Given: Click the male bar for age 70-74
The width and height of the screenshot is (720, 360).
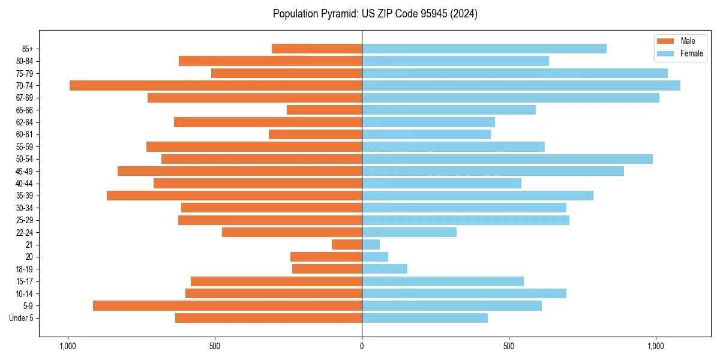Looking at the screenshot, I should (x=216, y=85).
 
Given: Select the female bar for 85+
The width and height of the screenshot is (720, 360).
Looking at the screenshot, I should (x=484, y=49).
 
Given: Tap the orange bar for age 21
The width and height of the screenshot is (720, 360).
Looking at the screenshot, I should (x=347, y=244).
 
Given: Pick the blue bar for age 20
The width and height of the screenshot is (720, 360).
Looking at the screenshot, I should (x=375, y=257).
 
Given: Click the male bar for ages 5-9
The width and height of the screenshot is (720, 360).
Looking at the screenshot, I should (x=227, y=305).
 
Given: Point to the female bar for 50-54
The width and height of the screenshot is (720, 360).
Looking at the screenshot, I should (x=507, y=159).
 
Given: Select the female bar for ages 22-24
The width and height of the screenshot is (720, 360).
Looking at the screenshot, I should (x=409, y=232).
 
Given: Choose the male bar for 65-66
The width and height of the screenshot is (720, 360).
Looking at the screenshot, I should (x=324, y=110).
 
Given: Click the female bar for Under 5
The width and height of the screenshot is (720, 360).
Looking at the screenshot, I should (x=425, y=318).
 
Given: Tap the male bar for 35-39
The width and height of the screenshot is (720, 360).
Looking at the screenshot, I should (x=234, y=196).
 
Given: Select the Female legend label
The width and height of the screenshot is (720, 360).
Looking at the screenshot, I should (x=691, y=53).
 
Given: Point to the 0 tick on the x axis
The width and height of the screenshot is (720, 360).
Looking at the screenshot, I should (x=362, y=346).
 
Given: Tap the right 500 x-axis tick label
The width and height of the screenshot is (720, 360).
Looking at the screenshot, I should (x=509, y=346).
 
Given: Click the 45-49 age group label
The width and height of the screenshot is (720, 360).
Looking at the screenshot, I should (x=24, y=171).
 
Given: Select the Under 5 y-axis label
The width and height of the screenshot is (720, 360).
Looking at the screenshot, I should (x=21, y=318).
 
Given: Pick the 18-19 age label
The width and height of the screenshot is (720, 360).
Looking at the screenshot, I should (x=24, y=269).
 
